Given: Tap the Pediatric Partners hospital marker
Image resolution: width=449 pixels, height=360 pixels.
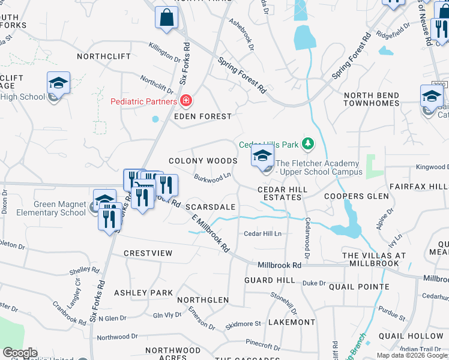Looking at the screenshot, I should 187,100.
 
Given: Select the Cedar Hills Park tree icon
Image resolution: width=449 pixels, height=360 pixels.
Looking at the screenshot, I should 308,144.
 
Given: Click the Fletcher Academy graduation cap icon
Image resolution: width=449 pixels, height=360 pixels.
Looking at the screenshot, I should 262,156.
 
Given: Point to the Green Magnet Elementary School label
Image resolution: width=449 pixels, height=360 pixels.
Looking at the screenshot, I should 59,208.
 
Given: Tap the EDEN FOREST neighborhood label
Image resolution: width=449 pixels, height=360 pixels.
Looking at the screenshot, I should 203,116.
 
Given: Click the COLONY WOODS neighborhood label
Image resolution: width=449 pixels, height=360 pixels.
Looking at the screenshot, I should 203,161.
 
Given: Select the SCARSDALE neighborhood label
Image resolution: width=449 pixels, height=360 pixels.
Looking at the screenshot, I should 210,206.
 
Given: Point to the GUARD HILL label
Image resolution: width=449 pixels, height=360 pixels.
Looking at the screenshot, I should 270,280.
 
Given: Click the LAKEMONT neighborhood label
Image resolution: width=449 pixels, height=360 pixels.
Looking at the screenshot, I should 292,322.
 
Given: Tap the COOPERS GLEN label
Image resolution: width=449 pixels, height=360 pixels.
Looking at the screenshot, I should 352,196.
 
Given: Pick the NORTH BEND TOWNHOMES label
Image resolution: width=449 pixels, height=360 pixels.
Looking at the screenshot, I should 372,99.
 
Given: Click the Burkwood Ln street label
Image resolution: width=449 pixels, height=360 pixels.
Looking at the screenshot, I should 212,178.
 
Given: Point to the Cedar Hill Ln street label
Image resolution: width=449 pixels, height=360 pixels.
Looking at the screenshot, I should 263,233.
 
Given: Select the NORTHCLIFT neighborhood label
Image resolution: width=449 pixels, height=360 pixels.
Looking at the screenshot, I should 100,56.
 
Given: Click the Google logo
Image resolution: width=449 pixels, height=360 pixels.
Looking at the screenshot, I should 20,353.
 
